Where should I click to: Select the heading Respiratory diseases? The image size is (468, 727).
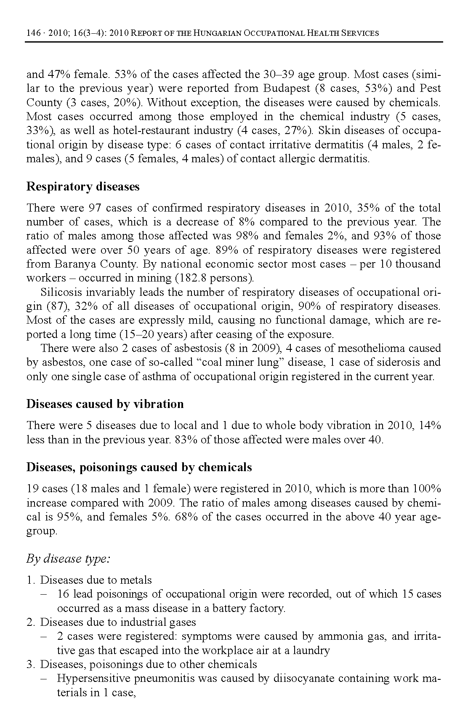point(83,187)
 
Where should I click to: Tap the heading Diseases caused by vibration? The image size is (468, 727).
point(105,404)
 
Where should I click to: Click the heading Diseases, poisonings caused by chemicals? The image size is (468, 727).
point(139,467)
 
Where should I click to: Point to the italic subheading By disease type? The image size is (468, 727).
point(68,559)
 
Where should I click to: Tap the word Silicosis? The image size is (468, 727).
point(61,292)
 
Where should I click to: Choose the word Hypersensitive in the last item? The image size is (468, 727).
point(90,679)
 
